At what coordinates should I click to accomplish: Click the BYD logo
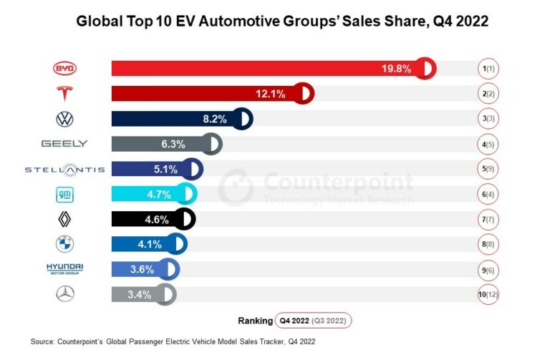pyautogui.click(x=64, y=69)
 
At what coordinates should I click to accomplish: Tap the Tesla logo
pyautogui.click(x=64, y=94)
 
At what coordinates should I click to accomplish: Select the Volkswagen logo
pyautogui.click(x=64, y=119)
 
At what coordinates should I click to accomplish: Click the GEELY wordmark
pyautogui.click(x=64, y=144)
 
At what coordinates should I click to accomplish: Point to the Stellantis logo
pyautogui.click(x=64, y=169)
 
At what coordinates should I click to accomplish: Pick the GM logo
pyautogui.click(x=64, y=194)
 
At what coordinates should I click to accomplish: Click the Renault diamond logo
pyautogui.click(x=64, y=219)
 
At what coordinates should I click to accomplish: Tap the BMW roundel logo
pyautogui.click(x=64, y=244)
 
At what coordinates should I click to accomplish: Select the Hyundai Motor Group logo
pyautogui.click(x=64, y=269)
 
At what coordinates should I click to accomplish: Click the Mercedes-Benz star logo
pyautogui.click(x=64, y=293)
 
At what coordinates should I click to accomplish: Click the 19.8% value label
pyautogui.click(x=396, y=69)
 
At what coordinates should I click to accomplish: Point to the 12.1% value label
pyautogui.click(x=271, y=94)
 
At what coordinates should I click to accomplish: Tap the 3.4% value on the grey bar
pyautogui.click(x=139, y=293)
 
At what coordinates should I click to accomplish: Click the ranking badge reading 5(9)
pyautogui.click(x=490, y=169)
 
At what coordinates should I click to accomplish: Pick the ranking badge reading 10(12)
pyautogui.click(x=490, y=293)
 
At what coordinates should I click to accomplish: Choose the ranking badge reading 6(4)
pyautogui.click(x=490, y=194)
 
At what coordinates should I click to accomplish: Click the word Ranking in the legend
pyautogui.click(x=255, y=320)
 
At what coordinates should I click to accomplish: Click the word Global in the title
pyautogui.click(x=98, y=21)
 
